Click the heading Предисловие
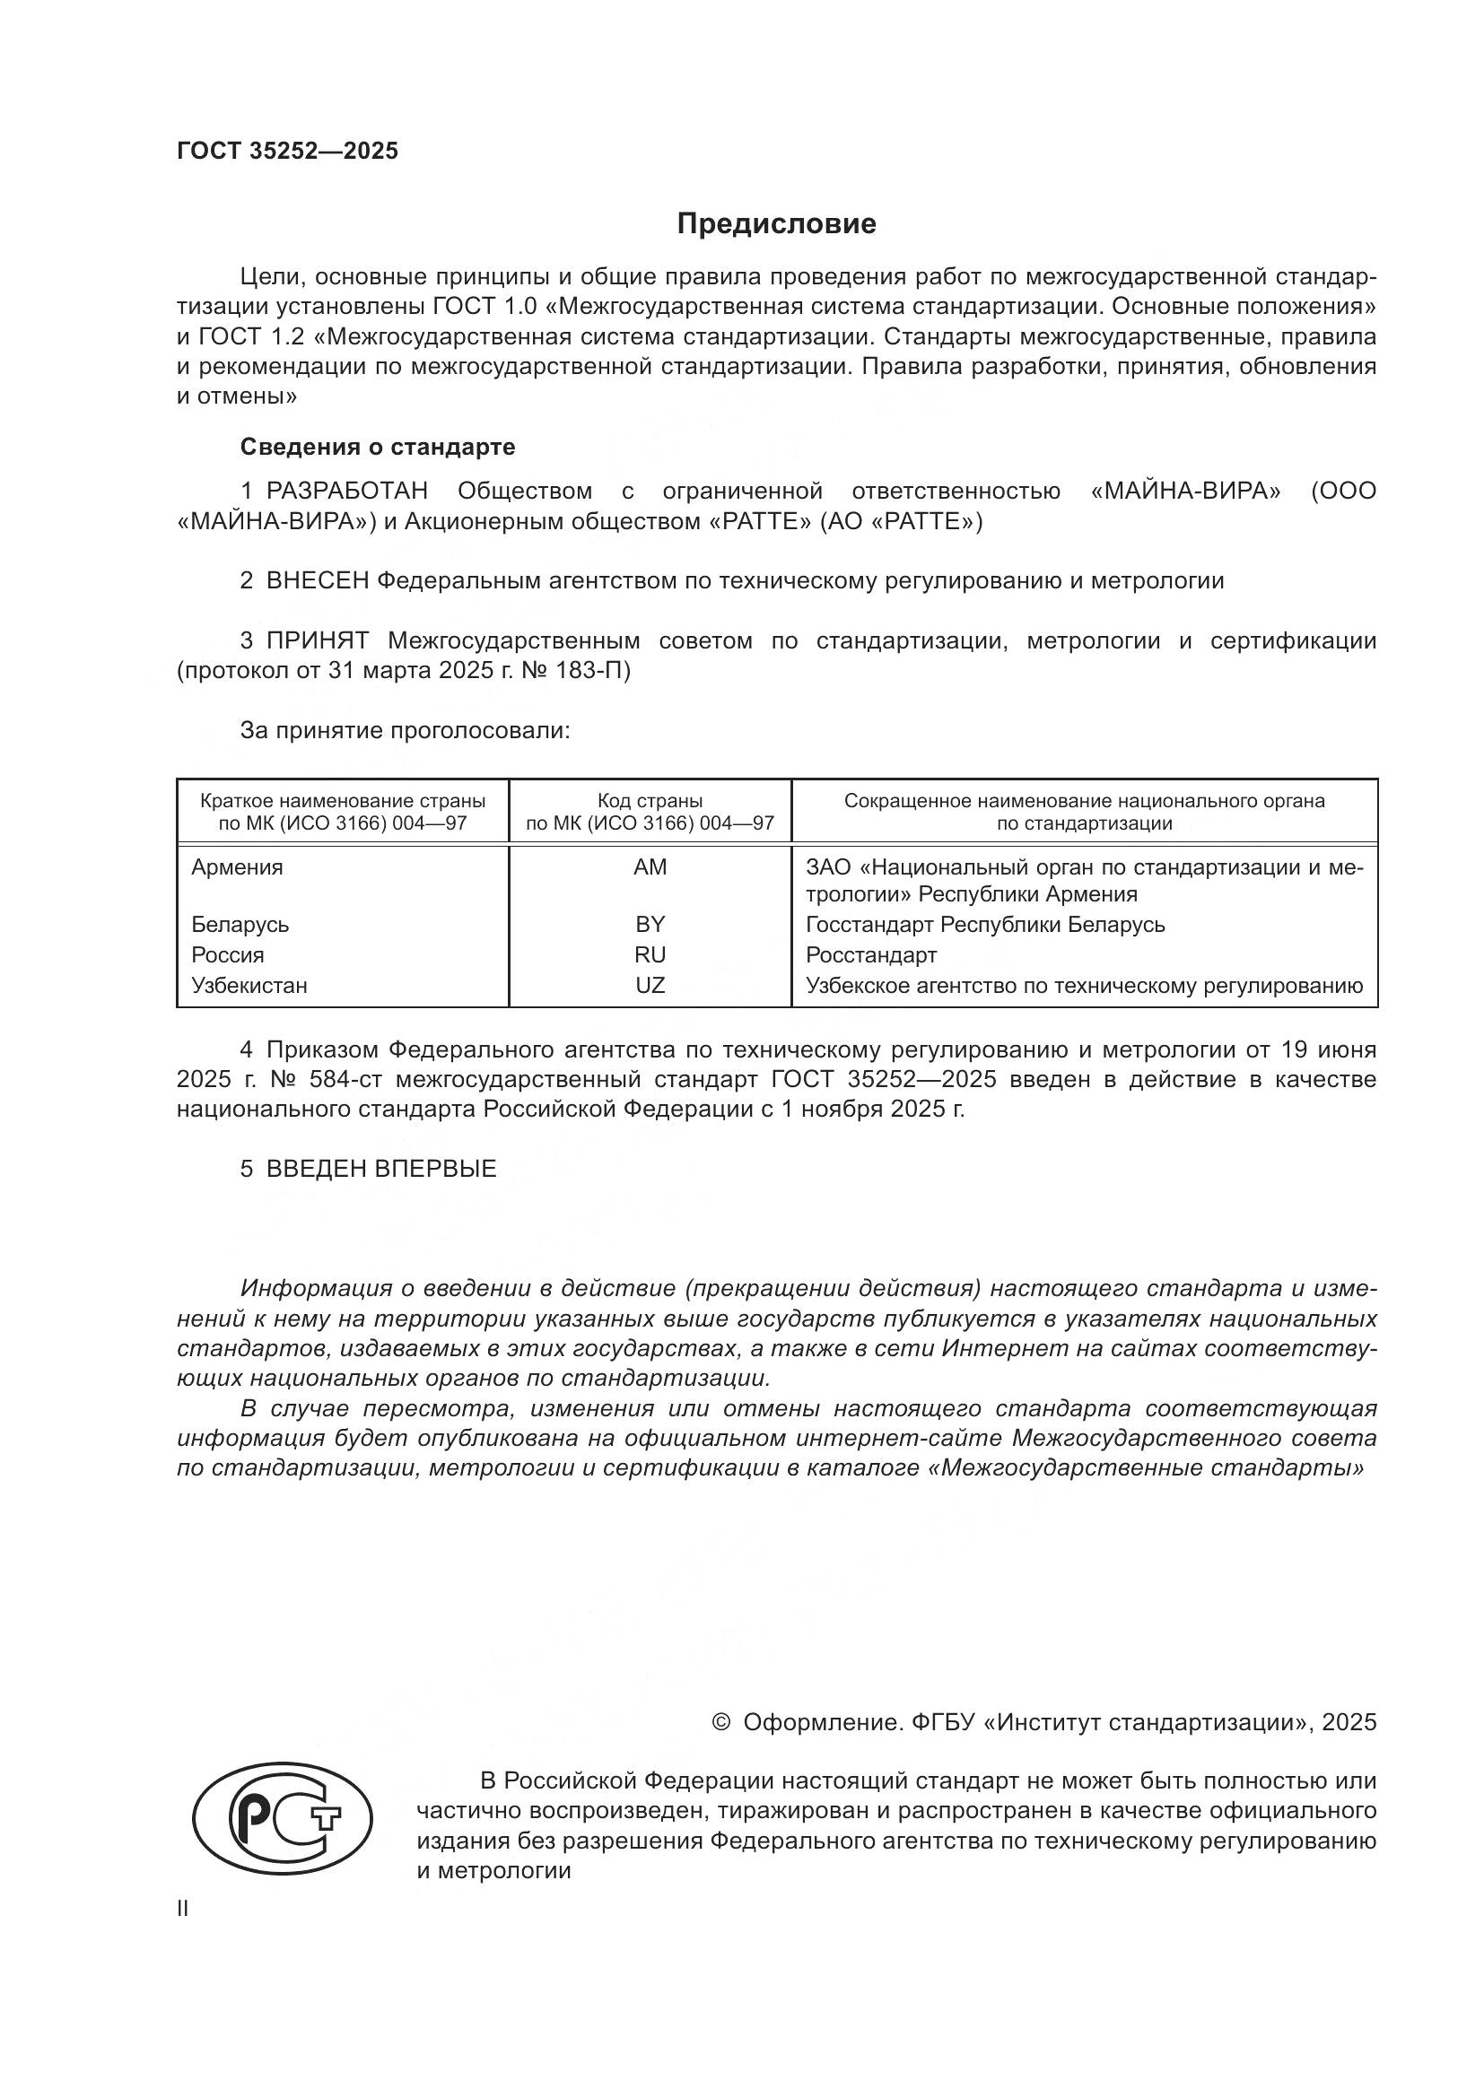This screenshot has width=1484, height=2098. [776, 224]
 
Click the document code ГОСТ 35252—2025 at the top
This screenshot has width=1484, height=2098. [288, 151]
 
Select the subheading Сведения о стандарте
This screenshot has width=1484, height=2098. [378, 447]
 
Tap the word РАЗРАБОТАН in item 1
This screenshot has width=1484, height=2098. [347, 492]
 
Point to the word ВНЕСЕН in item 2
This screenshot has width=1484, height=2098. [317, 580]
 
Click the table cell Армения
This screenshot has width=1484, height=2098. [237, 867]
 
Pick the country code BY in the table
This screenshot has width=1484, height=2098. [650, 924]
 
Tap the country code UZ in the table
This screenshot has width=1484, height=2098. [650, 985]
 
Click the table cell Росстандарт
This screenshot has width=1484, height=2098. [871, 955]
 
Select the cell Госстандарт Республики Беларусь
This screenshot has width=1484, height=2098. [985, 924]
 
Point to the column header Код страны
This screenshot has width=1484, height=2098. [650, 801]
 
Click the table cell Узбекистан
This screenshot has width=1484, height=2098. [249, 985]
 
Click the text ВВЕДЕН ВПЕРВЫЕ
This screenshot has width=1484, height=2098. [381, 1169]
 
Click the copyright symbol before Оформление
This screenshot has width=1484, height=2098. [721, 1722]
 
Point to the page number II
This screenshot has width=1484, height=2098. [183, 1909]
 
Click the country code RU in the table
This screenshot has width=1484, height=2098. [650, 955]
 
